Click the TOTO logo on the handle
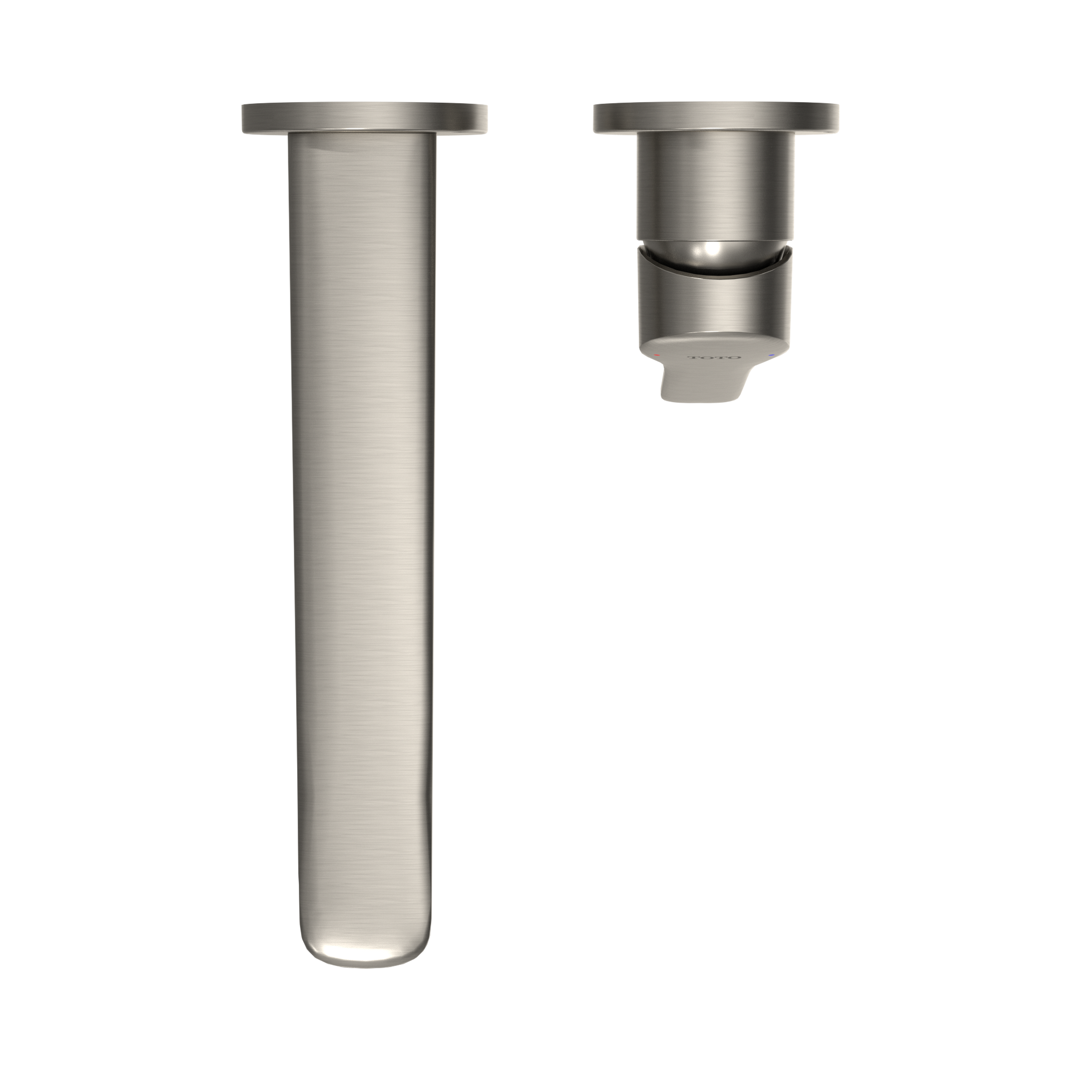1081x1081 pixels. click(x=714, y=357)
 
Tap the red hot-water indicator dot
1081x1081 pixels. click(x=658, y=355)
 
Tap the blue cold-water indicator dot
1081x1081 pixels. click(x=772, y=355)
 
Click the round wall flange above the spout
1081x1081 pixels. click(x=364, y=118)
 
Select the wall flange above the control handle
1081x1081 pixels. click(x=715, y=118)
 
